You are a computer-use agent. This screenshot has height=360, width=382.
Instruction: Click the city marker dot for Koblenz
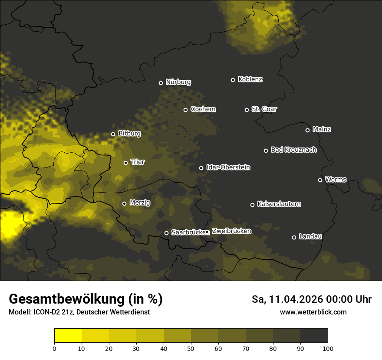[x=233, y=80]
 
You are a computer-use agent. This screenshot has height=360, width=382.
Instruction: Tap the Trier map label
[x=138, y=162]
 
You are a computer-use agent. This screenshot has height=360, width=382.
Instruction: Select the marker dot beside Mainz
[x=307, y=130]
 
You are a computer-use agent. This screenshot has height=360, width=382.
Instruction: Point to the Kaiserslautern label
[x=279, y=204]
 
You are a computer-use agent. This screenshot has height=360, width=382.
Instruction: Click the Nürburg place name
[x=178, y=82]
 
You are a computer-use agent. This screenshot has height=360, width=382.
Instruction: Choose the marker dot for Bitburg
[x=113, y=134]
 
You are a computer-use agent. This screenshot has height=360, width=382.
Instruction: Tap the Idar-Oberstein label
[x=228, y=167]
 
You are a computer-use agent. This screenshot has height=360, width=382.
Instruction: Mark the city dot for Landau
[x=294, y=237]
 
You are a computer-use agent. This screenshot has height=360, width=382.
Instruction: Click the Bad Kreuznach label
[x=293, y=150]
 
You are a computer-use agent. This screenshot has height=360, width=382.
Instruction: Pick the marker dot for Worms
[x=320, y=180]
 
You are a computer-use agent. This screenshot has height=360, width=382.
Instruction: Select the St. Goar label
[x=264, y=109]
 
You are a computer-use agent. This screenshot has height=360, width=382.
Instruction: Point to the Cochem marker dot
[x=185, y=110]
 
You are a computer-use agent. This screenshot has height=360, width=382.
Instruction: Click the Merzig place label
[x=140, y=203]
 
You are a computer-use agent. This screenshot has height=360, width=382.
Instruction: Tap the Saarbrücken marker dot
[x=166, y=233]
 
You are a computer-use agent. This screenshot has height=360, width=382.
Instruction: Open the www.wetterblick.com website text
[x=313, y=312]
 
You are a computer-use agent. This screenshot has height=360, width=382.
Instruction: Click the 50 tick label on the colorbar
[x=191, y=348]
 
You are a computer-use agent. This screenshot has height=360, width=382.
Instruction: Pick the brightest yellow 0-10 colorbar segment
[x=68, y=335]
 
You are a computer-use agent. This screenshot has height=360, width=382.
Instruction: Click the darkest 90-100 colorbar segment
[x=314, y=335]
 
